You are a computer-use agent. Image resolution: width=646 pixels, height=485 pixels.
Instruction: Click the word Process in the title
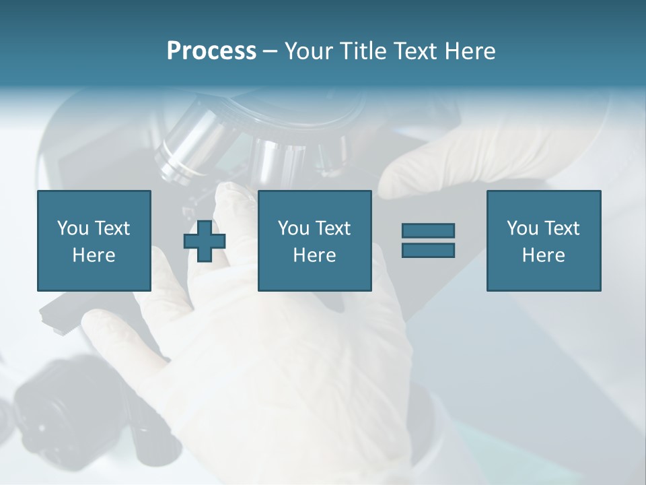pos(211,51)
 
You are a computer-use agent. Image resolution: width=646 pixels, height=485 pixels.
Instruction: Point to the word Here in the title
pos(470,51)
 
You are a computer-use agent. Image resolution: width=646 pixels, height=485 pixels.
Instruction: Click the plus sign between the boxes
pos(205,241)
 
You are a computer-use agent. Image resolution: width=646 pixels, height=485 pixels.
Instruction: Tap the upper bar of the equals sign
pos(428,231)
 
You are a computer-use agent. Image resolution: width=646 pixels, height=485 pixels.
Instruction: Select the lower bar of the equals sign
pos(428,250)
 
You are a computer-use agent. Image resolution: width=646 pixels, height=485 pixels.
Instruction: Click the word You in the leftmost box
pos(72,228)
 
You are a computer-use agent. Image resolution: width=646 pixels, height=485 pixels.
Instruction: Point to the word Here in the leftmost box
pos(94,255)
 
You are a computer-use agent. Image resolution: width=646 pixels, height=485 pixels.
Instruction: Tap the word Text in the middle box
pos(332,228)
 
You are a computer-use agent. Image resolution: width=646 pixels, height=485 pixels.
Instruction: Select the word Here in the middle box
pos(315,255)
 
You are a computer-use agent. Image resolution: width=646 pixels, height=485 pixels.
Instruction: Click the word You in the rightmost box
pos(522,228)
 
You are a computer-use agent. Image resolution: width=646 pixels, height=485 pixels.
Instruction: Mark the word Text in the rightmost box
pos(561,228)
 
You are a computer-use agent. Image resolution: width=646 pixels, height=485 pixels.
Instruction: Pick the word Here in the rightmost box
pos(544,255)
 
